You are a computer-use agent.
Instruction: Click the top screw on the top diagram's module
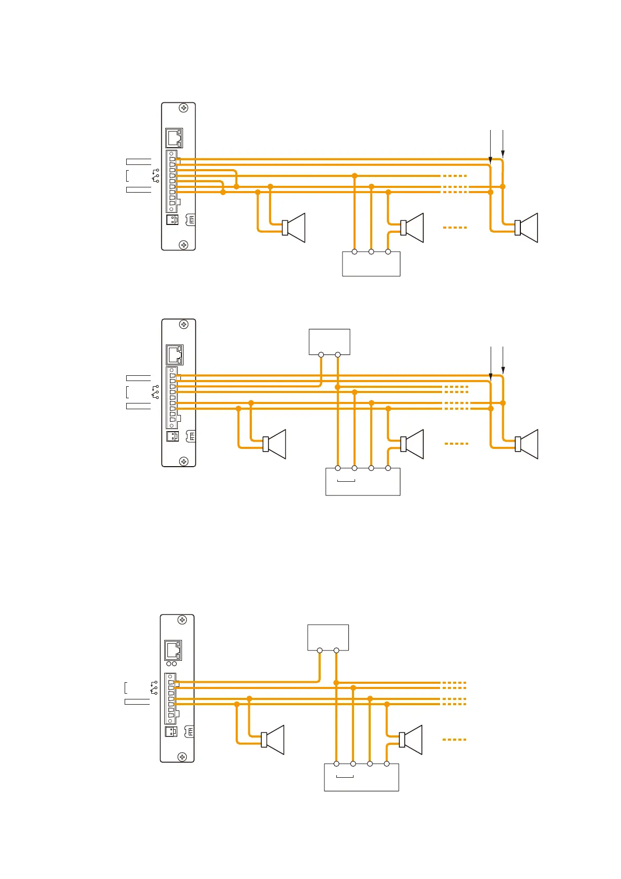click(184, 108)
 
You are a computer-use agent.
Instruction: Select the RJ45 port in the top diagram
click(174, 138)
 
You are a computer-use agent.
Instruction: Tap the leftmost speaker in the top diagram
click(294, 228)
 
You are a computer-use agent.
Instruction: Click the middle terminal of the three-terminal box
click(371, 252)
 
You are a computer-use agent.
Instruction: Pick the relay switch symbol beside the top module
click(155, 176)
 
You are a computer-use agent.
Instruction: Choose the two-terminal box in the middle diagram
click(330, 342)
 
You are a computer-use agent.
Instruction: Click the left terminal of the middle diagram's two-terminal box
click(321, 355)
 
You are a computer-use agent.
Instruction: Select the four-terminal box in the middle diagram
click(363, 481)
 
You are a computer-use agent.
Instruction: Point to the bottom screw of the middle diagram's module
click(184, 461)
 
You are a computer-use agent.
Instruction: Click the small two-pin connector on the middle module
click(172, 436)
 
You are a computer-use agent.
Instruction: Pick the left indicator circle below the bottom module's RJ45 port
click(168, 664)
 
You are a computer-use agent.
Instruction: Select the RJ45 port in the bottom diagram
click(173, 650)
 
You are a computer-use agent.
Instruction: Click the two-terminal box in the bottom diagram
click(328, 637)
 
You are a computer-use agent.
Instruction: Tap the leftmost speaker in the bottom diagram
click(273, 740)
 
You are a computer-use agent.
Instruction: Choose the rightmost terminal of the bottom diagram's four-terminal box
click(386, 764)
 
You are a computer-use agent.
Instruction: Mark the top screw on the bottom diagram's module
click(182, 620)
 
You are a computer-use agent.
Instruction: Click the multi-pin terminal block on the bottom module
click(171, 699)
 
